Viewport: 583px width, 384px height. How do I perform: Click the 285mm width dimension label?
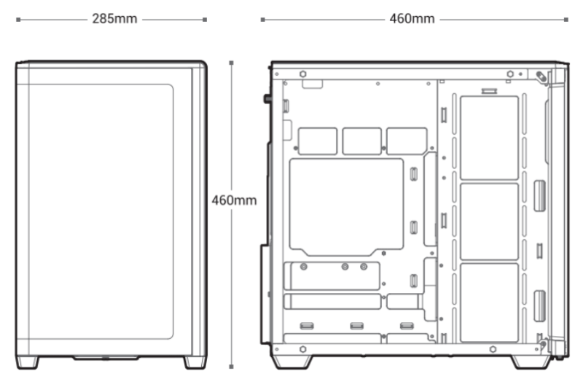(x=114, y=19)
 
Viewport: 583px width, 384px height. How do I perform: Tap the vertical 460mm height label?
(x=234, y=200)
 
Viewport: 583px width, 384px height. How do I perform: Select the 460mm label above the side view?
(x=412, y=19)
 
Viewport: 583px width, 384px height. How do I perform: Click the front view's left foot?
(x=27, y=362)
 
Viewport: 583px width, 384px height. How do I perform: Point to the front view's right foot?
(x=195, y=362)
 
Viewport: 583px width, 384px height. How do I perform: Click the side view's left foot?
(x=292, y=361)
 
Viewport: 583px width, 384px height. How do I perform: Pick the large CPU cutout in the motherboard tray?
(x=346, y=207)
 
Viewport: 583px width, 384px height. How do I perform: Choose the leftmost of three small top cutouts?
(x=318, y=141)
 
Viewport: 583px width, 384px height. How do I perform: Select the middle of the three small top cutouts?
(x=361, y=141)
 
